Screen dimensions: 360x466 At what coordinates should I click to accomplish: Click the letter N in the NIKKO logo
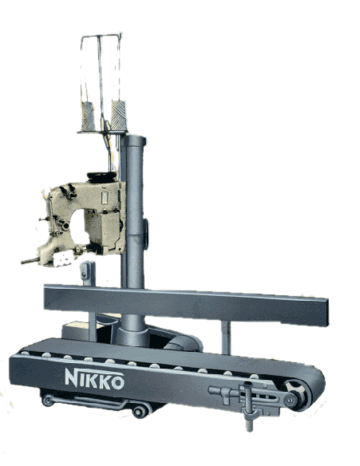pos(72,377)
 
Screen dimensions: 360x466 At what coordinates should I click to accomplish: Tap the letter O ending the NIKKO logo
pos(117,383)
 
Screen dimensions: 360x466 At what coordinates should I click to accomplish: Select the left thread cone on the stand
pos(88,116)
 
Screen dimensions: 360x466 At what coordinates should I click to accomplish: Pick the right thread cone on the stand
pos(119,116)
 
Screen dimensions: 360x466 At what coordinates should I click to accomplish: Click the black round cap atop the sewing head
pos(101,176)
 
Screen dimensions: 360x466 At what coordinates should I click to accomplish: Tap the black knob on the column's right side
pos(145,234)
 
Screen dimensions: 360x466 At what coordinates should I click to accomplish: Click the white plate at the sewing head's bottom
pos(64,258)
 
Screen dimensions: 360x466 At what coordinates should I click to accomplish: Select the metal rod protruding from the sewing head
pos(30,261)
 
